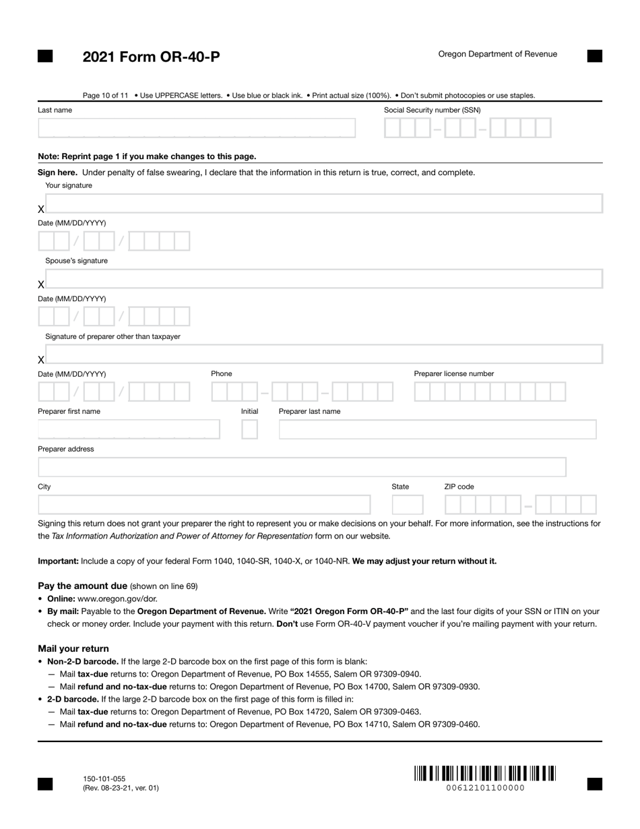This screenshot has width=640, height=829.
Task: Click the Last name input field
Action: pyautogui.click(x=196, y=128)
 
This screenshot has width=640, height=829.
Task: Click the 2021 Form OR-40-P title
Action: pyautogui.click(x=151, y=57)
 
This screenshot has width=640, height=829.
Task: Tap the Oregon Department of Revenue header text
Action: pyautogui.click(x=497, y=54)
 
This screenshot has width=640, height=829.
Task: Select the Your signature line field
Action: pyautogui.click(x=323, y=204)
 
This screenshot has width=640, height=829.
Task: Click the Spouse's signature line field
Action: pyautogui.click(x=323, y=279)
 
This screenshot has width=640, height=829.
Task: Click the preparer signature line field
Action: pyautogui.click(x=323, y=355)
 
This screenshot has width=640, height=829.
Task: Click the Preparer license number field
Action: pyautogui.click(x=489, y=392)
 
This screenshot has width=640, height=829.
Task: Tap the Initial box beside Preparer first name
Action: pyautogui.click(x=249, y=429)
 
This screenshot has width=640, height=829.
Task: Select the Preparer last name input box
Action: pyautogui.click(x=437, y=429)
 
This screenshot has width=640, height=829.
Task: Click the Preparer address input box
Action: pyautogui.click(x=302, y=467)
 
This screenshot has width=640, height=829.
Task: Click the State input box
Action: pyautogui.click(x=408, y=505)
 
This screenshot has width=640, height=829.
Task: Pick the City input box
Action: pyautogui.click(x=204, y=505)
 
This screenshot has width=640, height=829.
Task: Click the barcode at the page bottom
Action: pyautogui.click(x=484, y=773)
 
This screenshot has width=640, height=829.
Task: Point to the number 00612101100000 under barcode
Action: pyautogui.click(x=485, y=788)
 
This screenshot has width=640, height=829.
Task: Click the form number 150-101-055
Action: pyautogui.click(x=104, y=778)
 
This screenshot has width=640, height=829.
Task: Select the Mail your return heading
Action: pyautogui.click(x=73, y=648)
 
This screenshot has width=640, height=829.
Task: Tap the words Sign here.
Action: pyautogui.click(x=57, y=173)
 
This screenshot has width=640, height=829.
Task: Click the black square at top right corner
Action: pyautogui.click(x=594, y=56)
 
